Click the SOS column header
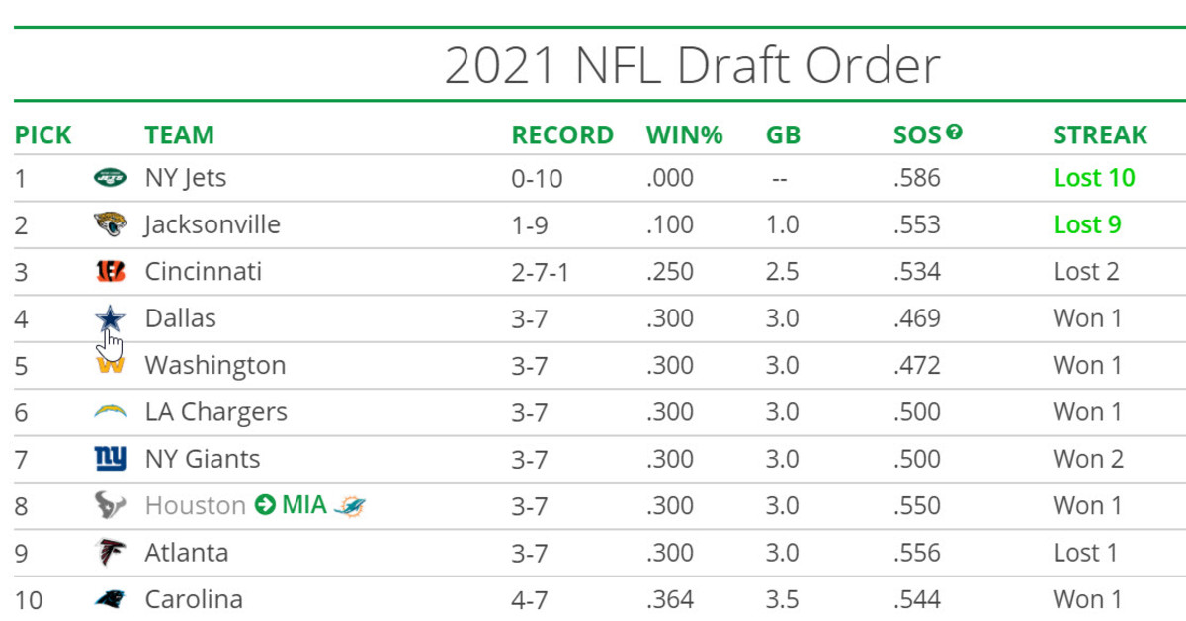[x=916, y=134]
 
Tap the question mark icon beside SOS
[x=954, y=131]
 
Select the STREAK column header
[x=1100, y=134]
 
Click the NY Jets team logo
[x=110, y=178]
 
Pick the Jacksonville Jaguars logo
[x=110, y=224]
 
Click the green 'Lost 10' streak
[x=1094, y=178]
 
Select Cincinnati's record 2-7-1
[x=540, y=271]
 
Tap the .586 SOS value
[x=916, y=178]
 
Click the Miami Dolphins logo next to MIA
[x=349, y=506]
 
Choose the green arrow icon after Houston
[x=264, y=506]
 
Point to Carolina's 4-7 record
[x=529, y=599]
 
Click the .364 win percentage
[x=669, y=599]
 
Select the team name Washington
[x=214, y=365]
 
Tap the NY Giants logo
[x=110, y=459]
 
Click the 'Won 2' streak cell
[x=1087, y=459]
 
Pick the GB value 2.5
[x=782, y=271]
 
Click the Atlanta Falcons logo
[x=110, y=553]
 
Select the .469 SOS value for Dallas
[x=916, y=318]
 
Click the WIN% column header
[x=684, y=134]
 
